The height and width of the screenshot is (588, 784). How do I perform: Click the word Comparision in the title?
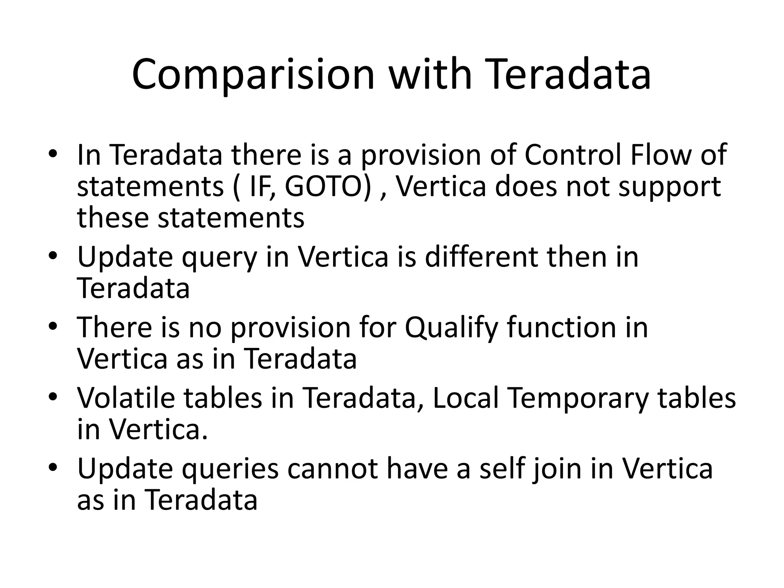(x=253, y=75)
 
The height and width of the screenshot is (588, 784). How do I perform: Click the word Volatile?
(x=126, y=398)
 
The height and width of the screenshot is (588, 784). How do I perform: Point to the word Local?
(x=465, y=398)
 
